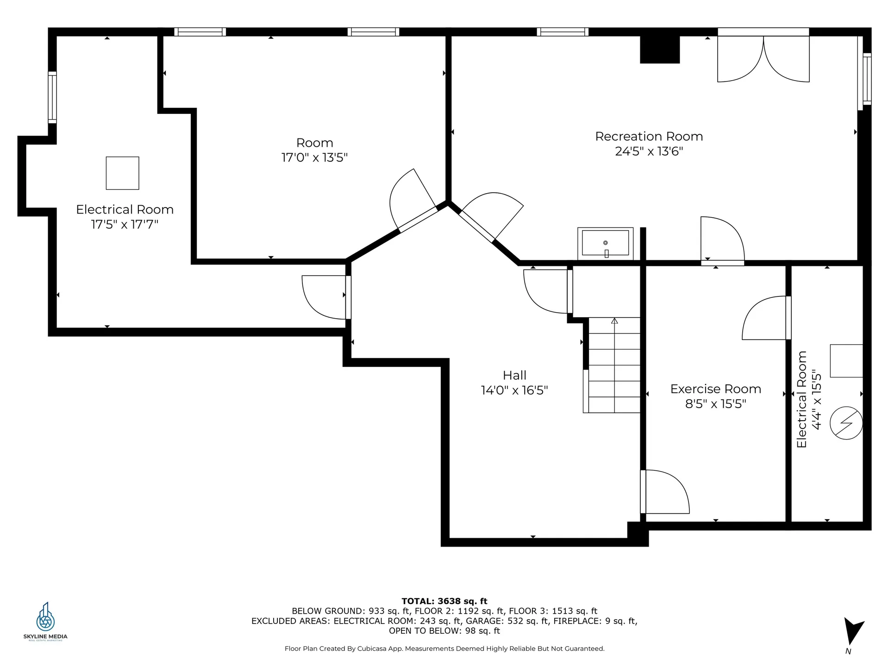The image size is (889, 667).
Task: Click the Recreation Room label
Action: (x=649, y=137)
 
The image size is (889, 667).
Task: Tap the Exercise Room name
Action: (x=715, y=389)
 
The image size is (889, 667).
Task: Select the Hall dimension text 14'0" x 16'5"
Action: (x=514, y=390)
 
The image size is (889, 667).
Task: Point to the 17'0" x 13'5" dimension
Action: (x=314, y=157)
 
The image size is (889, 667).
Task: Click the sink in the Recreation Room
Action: (x=605, y=244)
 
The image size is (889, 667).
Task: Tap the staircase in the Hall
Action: (x=612, y=365)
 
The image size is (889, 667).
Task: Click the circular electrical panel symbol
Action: (x=846, y=423)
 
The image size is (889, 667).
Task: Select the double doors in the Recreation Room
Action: (x=763, y=56)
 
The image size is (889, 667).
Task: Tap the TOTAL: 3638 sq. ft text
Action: (x=444, y=601)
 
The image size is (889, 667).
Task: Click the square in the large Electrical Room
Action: (x=122, y=173)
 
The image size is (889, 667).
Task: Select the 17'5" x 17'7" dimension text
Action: (x=125, y=225)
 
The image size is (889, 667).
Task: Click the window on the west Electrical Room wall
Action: (x=52, y=97)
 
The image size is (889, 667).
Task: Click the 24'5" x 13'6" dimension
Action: (x=649, y=151)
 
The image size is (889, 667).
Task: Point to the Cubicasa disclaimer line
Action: (x=444, y=649)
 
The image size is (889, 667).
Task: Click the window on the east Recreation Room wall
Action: (x=867, y=79)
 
